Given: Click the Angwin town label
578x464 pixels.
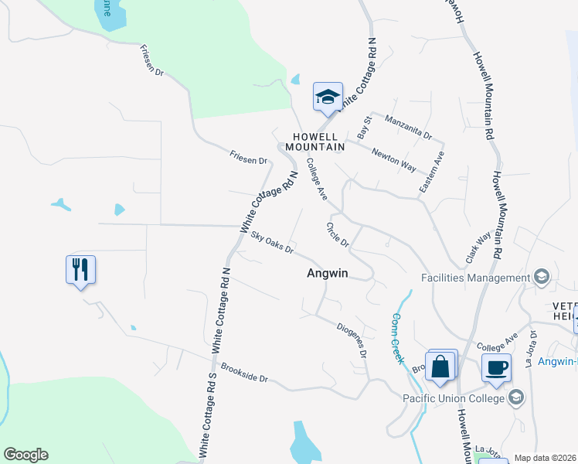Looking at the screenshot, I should point(328,273).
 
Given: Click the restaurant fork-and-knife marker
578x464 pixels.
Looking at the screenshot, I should point(80,270).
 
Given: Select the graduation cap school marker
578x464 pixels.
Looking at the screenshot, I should point(328,97).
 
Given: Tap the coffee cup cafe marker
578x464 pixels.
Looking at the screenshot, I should point(496,367).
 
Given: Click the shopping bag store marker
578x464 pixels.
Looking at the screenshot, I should point(440,366).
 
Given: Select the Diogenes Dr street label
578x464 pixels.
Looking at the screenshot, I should point(352,339).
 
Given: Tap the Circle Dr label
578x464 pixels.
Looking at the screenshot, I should point(338,235).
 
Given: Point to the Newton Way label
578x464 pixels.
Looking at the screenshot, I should point(393,160).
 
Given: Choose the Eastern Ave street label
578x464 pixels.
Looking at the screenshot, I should point(432,172).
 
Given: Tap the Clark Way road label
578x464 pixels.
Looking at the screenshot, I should point(478,248).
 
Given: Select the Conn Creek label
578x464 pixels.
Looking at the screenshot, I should point(397,338).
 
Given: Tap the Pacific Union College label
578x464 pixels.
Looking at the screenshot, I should point(454,398).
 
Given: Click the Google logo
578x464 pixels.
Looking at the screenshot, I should point(25,455).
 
